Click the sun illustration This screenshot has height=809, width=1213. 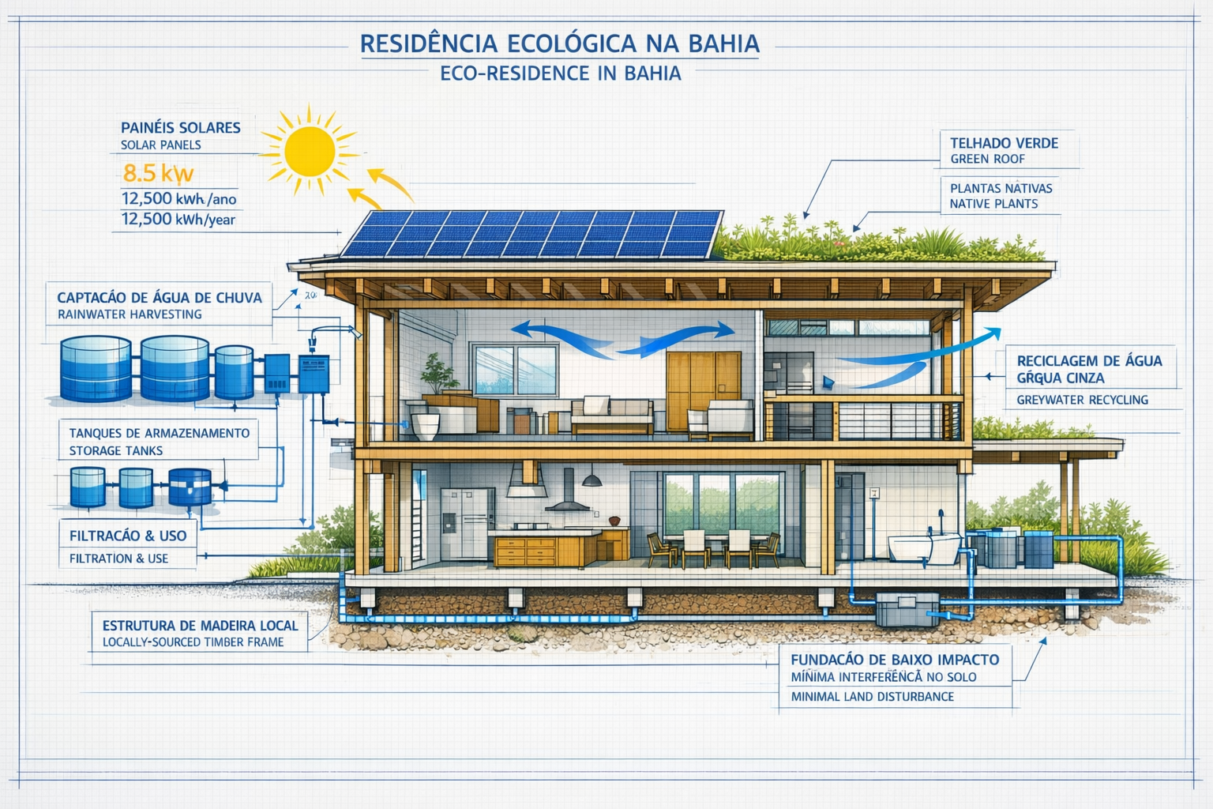tap(310, 152)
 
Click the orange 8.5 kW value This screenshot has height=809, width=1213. tap(158, 173)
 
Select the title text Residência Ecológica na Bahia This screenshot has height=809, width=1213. tap(559, 43)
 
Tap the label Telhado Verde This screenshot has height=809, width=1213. tap(1004, 143)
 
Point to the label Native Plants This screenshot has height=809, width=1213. tap(993, 204)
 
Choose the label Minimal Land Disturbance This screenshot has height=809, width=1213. tap(872, 697)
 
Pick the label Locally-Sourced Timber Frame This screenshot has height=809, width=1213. tap(193, 642)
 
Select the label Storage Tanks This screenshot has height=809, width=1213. tap(115, 451)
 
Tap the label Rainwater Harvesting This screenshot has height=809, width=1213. tap(130, 314)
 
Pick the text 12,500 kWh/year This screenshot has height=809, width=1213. tap(178, 220)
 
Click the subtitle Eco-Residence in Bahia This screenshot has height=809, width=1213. tap(560, 73)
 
